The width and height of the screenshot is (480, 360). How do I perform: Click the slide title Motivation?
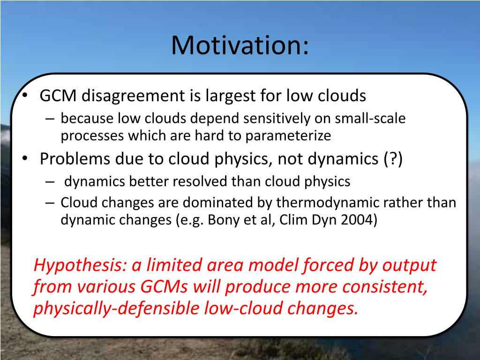240,45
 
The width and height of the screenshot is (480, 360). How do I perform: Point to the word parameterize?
288,136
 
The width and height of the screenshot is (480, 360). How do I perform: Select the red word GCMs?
164,286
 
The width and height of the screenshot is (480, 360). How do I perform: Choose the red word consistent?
385,287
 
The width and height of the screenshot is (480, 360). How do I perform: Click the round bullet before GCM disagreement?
25,96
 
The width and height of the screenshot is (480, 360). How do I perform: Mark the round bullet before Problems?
25,158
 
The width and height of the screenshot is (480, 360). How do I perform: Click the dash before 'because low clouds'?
50,119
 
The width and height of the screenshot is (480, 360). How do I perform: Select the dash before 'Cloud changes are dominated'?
50,203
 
